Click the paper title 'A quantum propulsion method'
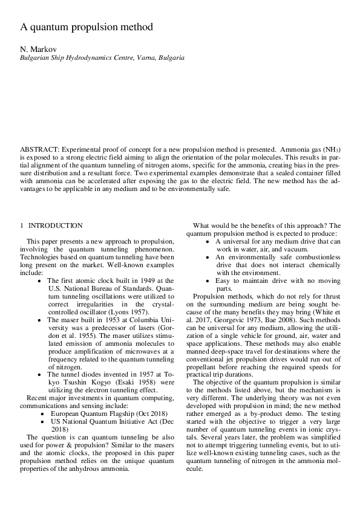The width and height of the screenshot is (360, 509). pos(87,27)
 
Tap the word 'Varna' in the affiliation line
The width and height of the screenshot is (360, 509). pos(143,58)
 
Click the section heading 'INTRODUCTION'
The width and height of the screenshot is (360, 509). pos(56,225)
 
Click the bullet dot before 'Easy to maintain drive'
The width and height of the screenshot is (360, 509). pos(207,280)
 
